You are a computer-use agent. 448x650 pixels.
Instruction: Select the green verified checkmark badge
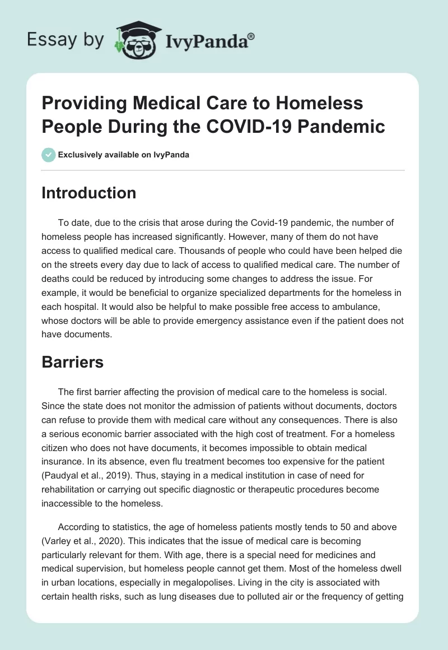click(49, 155)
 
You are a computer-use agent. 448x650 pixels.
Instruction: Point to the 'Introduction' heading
click(88, 193)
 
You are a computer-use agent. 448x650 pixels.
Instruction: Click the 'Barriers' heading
click(72, 362)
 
